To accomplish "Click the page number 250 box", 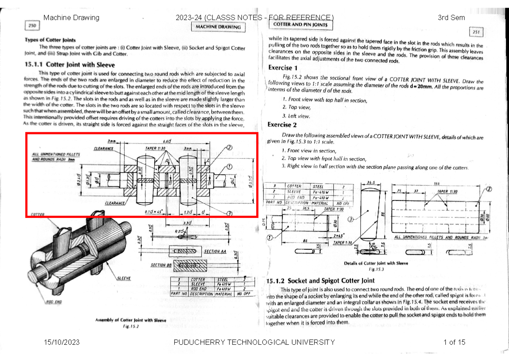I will point(32,26).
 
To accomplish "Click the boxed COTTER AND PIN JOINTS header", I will point(301,25).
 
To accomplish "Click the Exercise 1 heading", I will point(282,68).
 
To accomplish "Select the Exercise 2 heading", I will point(282,125).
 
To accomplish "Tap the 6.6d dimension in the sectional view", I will point(167,142).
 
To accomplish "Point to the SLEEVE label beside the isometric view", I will point(123,278).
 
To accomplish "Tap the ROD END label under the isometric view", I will point(54,302).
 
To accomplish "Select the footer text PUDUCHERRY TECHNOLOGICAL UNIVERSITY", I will point(257,342).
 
